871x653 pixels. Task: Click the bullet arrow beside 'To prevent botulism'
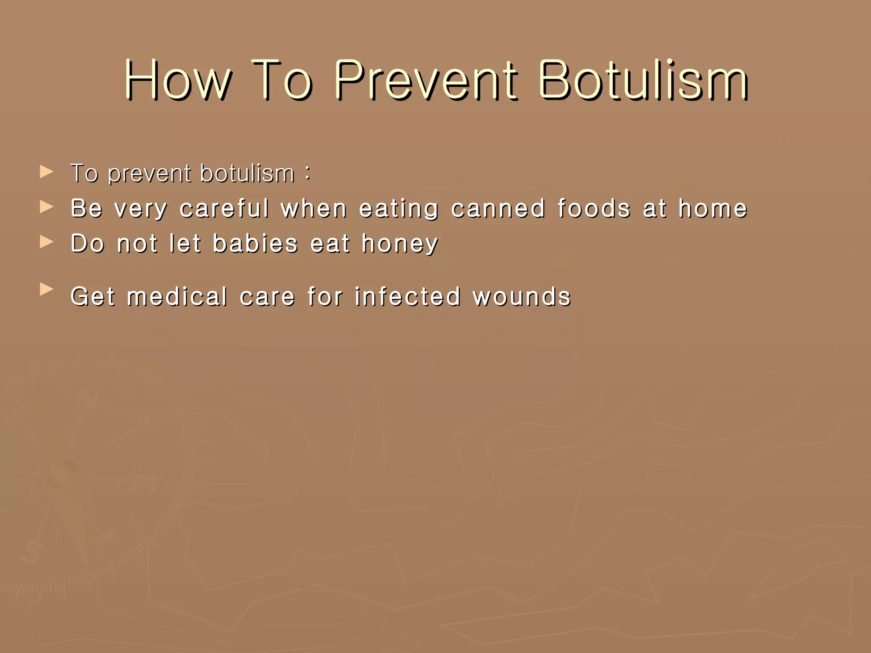46,172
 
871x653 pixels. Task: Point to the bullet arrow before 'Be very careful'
46,207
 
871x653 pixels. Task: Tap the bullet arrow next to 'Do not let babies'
46,242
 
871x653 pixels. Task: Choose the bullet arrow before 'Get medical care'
46,290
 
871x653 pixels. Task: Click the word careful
225,208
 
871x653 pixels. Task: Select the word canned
498,208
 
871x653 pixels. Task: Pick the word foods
594,208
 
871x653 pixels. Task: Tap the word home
713,208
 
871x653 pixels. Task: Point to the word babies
255,244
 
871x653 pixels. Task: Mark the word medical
177,296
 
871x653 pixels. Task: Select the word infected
408,296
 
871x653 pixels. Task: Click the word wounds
522,296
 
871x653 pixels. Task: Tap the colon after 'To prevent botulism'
307,173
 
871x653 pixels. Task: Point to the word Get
93,296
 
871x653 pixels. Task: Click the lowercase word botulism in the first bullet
247,173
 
